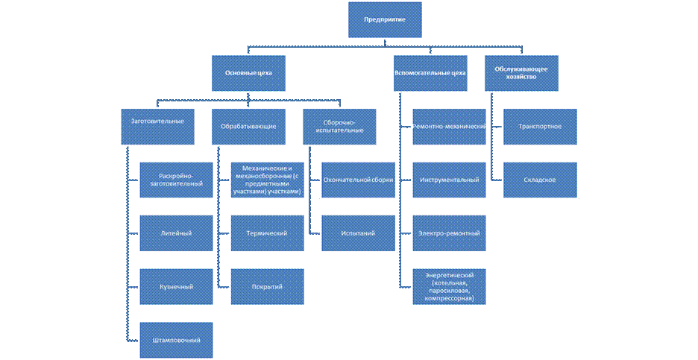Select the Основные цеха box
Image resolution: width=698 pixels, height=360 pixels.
point(248,73)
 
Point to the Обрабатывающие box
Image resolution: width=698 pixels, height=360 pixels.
point(248,126)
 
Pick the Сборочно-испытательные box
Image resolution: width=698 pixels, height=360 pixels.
point(339,126)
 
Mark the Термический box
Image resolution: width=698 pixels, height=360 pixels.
point(267,233)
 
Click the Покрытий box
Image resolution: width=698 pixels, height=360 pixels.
point(267,286)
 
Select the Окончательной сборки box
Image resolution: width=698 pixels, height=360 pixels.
point(358,180)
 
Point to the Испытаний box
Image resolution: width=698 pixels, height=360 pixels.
point(358,233)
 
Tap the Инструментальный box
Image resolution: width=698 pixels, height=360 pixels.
point(449,180)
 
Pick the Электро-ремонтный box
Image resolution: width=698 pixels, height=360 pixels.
point(449,233)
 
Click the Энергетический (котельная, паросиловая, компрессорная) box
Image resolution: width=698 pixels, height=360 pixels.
point(449,286)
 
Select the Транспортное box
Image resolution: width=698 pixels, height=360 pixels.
point(539,126)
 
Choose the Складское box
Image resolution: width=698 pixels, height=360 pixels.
point(539,180)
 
